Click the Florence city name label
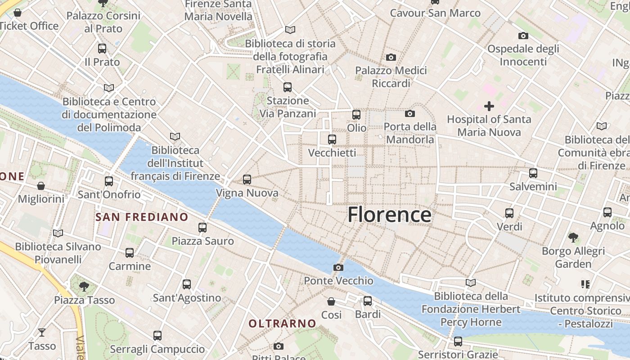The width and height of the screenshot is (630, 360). point(389,215)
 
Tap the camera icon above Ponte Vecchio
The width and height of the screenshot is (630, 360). point(338,268)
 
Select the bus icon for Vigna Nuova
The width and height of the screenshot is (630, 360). point(247,180)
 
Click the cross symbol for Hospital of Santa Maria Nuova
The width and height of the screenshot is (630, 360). point(489,106)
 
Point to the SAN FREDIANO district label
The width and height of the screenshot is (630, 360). point(142,217)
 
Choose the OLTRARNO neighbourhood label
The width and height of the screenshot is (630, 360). point(282,323)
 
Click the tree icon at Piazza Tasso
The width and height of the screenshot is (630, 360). point(84,286)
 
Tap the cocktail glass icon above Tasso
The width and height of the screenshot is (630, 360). point(42,333)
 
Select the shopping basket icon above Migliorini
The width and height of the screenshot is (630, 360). point(40,186)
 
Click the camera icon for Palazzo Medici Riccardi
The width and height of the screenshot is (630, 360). point(391,57)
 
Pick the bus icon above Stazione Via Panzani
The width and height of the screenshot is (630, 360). point(288,87)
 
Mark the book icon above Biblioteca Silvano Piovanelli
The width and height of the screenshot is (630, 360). point(58,233)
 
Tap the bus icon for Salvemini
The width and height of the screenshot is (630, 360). point(533,173)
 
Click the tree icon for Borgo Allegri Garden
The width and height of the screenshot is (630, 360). point(573,237)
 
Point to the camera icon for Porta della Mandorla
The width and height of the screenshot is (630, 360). point(409,113)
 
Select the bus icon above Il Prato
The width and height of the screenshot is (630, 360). point(102,49)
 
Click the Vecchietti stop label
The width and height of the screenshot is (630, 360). point(332,153)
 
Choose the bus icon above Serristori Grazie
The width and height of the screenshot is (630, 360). point(458,341)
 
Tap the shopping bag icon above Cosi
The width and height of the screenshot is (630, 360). point(331,301)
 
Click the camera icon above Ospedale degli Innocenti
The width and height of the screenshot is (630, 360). point(523,36)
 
